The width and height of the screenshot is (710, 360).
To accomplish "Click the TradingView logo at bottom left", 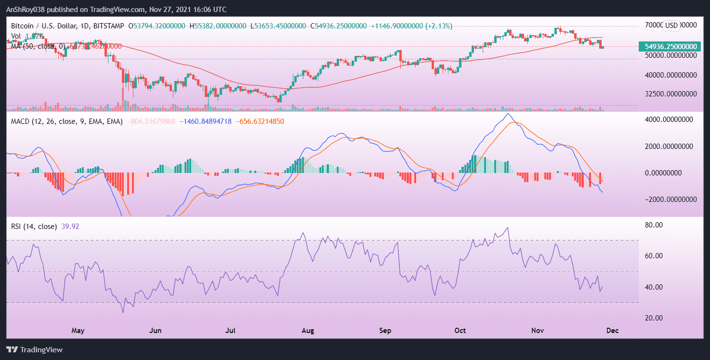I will [34, 349].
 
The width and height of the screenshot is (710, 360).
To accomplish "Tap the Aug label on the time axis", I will [308, 331].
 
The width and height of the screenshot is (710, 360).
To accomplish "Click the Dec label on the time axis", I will [612, 331].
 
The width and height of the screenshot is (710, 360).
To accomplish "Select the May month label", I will [78, 331].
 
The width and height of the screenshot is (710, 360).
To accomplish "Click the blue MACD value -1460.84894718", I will [206, 122].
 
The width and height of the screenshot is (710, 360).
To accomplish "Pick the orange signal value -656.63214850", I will [260, 122].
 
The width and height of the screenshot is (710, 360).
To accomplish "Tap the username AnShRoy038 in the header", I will [28, 9].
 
